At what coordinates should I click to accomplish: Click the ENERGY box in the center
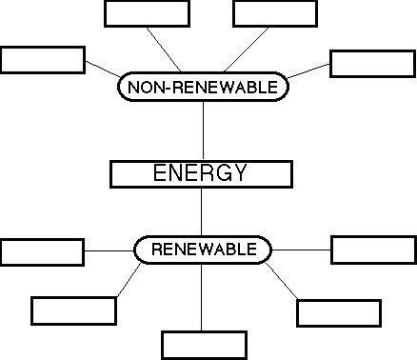(201, 173)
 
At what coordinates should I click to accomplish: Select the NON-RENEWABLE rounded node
(202, 87)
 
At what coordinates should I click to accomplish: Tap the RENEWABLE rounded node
(203, 250)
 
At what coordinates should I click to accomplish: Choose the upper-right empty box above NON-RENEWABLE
(274, 13)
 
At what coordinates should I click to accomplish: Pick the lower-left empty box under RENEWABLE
(73, 310)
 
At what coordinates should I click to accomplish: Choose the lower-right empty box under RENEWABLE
(339, 312)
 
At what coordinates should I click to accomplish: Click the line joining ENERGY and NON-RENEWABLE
(203, 130)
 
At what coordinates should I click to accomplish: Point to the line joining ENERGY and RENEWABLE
(202, 211)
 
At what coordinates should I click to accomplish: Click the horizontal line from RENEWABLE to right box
(301, 250)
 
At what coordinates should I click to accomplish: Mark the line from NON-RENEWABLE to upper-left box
(168, 50)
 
